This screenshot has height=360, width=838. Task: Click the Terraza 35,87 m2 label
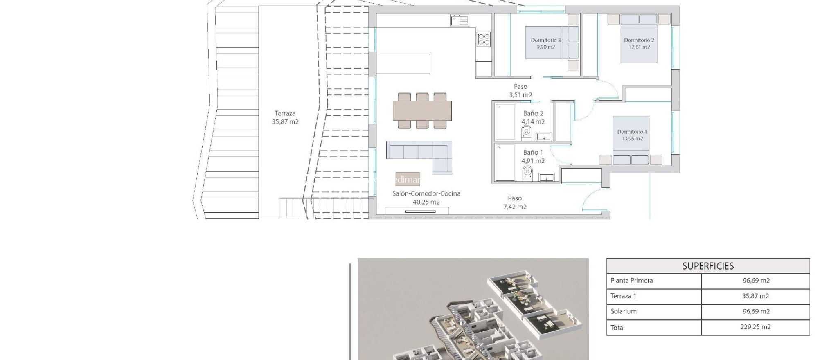(285, 117)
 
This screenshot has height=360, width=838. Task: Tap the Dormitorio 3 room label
(546, 43)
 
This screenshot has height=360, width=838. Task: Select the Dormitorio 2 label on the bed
(639, 43)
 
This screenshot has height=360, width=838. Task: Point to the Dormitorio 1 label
(632, 135)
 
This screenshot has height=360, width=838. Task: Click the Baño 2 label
(533, 117)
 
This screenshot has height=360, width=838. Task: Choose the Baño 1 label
(533, 157)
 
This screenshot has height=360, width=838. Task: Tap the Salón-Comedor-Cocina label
(426, 198)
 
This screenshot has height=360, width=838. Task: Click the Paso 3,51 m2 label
(520, 91)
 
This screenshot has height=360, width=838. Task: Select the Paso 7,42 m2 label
(515, 202)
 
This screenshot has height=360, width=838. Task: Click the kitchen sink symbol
(460, 20)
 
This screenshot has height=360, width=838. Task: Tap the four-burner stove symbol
(484, 39)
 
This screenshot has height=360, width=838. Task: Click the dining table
(422, 110)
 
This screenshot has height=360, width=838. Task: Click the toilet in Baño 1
(527, 172)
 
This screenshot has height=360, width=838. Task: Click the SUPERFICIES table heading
(708, 266)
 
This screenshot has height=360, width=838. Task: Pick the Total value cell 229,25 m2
(755, 327)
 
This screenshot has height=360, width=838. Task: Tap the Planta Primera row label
(631, 281)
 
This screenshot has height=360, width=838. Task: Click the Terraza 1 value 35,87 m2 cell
(755, 296)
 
